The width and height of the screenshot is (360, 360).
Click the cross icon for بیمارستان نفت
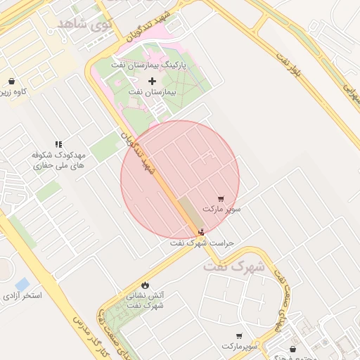tap(152, 81)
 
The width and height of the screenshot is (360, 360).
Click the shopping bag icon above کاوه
tap(13, 81)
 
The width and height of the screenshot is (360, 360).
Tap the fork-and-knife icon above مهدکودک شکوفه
tap(58, 143)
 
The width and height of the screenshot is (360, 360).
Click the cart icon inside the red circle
tap(221, 199)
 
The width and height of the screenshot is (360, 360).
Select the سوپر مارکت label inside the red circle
tap(221, 210)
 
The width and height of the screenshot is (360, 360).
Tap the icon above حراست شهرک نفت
tap(202, 232)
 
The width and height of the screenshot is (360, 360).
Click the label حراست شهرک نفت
tap(202, 243)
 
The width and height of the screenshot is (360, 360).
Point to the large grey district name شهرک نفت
tap(234, 267)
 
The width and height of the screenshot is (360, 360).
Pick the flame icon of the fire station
tap(145, 285)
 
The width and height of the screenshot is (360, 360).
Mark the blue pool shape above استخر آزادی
tap(22, 283)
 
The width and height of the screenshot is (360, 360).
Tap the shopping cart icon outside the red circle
tap(239, 336)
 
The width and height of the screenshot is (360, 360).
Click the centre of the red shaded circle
tap(180, 180)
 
